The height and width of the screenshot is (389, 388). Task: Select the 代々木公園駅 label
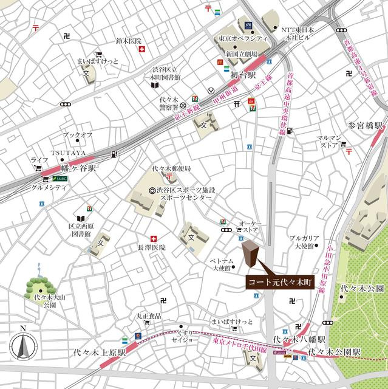click(x=334, y=352)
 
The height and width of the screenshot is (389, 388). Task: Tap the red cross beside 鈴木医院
click(x=141, y=52)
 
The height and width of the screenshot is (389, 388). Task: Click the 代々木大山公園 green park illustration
click(x=41, y=283)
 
